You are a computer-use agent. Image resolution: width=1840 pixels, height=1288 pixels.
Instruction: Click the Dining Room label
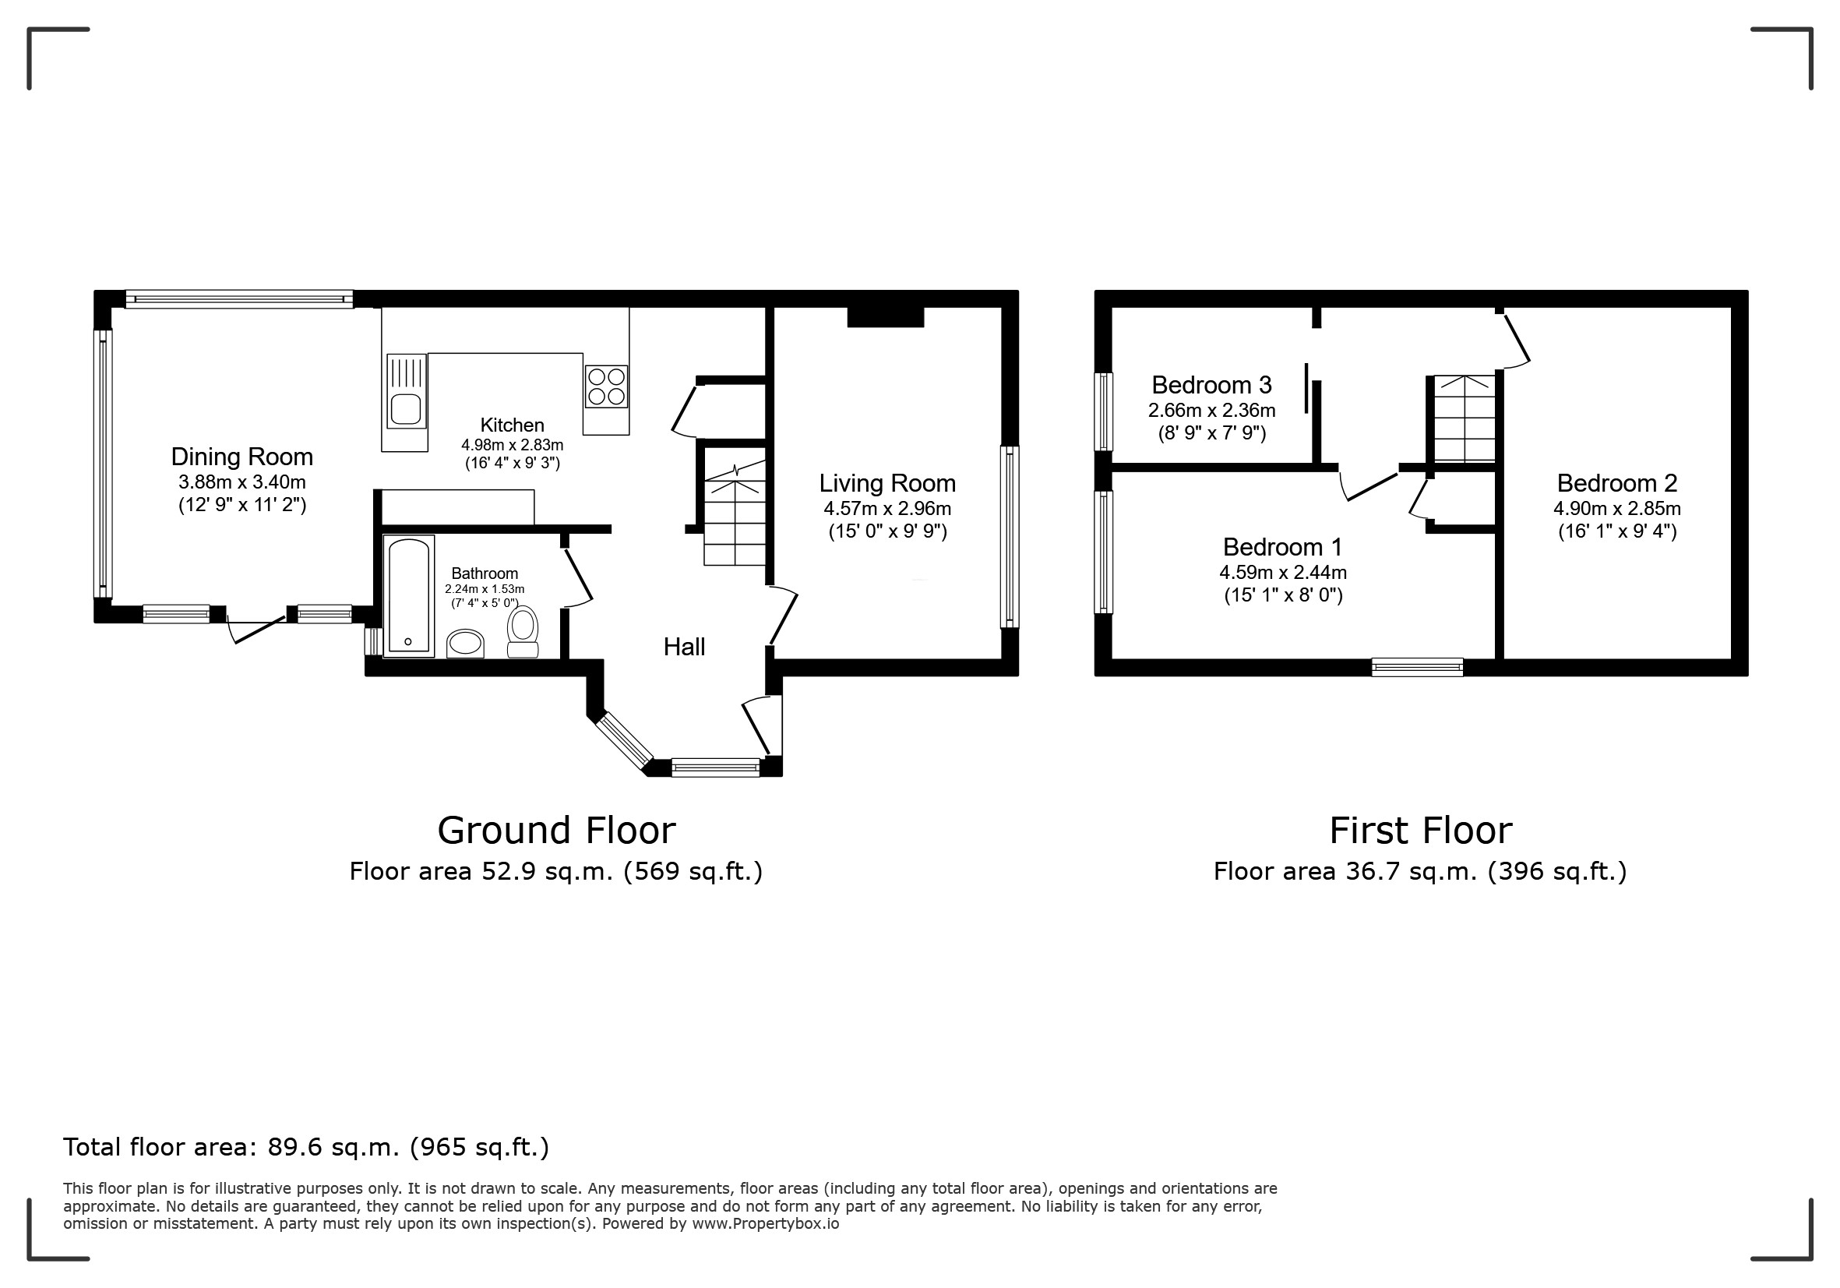(x=242, y=457)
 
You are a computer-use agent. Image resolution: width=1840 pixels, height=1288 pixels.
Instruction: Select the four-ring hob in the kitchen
(x=606, y=386)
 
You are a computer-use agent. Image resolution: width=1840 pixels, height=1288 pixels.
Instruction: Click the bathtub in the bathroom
(x=409, y=596)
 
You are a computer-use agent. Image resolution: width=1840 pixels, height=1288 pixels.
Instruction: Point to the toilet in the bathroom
(x=523, y=632)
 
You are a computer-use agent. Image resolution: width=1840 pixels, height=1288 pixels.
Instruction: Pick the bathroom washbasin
(x=466, y=644)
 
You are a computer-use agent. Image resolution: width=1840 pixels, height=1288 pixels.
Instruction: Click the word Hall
(x=685, y=647)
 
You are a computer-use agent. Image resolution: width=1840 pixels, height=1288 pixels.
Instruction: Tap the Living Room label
(x=887, y=483)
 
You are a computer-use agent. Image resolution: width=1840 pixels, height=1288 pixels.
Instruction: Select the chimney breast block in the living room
(x=886, y=316)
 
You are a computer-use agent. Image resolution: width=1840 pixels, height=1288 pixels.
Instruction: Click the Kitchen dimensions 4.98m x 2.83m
(x=512, y=445)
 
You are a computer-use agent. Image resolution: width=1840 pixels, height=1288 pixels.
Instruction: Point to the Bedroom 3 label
(x=1211, y=386)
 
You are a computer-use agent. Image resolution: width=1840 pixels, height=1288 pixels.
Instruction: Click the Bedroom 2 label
(x=1617, y=483)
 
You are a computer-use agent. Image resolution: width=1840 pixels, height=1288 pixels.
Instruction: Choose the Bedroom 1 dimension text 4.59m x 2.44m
(x=1283, y=573)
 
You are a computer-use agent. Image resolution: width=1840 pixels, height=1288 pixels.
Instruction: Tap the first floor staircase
(x=1465, y=418)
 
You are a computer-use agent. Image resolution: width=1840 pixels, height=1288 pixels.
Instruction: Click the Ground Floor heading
(x=556, y=831)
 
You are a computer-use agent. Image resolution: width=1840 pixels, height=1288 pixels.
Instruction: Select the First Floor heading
(x=1421, y=831)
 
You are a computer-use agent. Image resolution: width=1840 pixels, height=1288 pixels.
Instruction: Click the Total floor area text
(x=306, y=1148)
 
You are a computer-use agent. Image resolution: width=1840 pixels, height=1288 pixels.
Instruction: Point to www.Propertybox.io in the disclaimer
(x=765, y=1224)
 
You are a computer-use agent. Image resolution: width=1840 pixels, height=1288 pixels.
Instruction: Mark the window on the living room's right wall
(x=1010, y=537)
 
